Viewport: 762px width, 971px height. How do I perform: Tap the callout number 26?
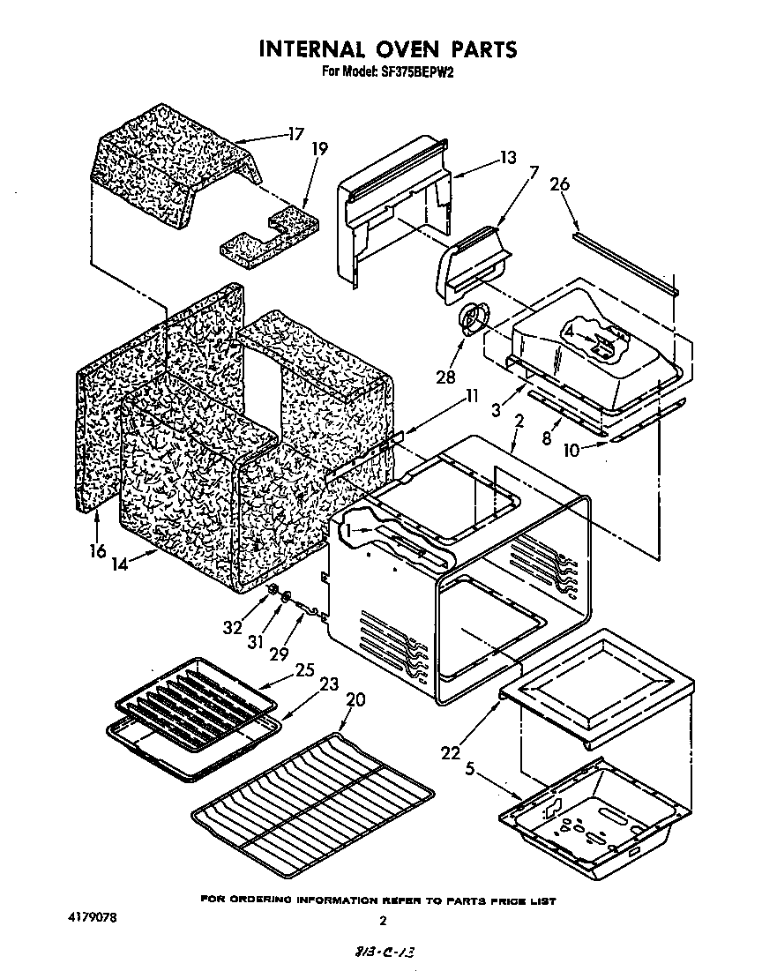(x=559, y=184)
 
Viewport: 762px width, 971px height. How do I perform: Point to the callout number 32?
(x=233, y=628)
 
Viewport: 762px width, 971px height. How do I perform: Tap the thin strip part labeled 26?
(x=624, y=263)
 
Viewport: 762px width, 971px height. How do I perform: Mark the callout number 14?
(x=121, y=564)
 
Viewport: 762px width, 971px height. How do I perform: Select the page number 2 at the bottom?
(x=382, y=922)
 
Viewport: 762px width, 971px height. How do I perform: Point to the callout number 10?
(x=571, y=449)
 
